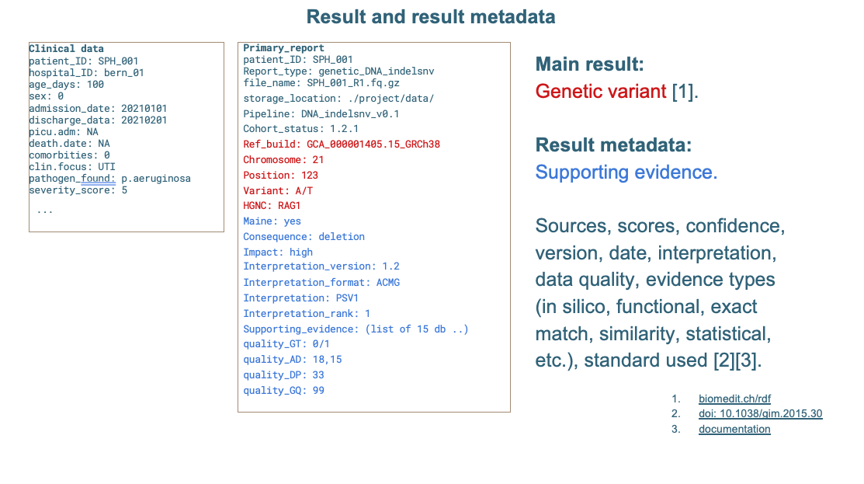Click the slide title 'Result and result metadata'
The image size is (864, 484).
point(430,17)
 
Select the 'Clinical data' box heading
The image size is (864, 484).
point(66,48)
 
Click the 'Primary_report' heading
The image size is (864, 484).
point(284,48)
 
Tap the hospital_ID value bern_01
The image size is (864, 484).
point(124,73)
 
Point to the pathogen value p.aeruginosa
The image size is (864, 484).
point(156,179)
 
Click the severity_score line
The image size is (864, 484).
point(78,190)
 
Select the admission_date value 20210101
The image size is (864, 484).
point(144,109)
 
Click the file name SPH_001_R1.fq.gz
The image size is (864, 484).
point(353,83)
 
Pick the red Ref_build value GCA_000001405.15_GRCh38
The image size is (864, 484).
point(373,145)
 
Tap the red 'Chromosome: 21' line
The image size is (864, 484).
point(283,160)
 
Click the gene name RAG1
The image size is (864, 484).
point(290,206)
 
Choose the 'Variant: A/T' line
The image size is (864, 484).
point(278,191)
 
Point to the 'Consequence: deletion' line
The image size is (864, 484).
point(304,236)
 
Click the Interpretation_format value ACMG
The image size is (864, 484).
point(388,282)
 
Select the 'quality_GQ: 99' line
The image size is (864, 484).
point(283,390)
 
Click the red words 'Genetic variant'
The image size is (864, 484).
point(601,91)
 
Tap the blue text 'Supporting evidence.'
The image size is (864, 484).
point(626,172)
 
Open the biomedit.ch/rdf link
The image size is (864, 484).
point(734,399)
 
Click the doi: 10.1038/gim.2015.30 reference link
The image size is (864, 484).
point(761,413)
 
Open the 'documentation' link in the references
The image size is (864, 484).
point(734,429)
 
